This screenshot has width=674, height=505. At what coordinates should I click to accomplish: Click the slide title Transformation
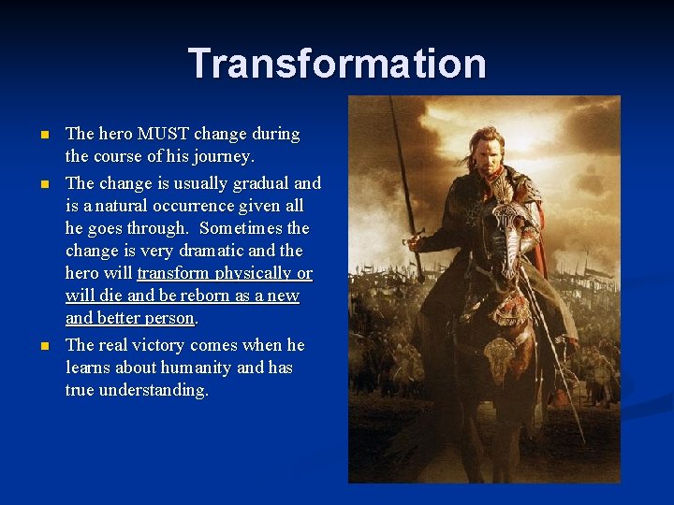[337, 64]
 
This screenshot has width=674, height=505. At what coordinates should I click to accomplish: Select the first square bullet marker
[43, 135]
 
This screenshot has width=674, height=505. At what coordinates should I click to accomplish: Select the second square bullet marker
[43, 184]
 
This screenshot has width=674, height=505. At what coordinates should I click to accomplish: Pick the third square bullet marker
[43, 346]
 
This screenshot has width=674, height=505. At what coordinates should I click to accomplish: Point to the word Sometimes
[241, 228]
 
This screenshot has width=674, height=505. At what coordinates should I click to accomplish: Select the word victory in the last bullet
[155, 345]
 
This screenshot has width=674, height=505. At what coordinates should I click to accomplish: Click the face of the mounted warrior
[486, 155]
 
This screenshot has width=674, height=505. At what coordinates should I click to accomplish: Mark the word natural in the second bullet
[108, 206]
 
